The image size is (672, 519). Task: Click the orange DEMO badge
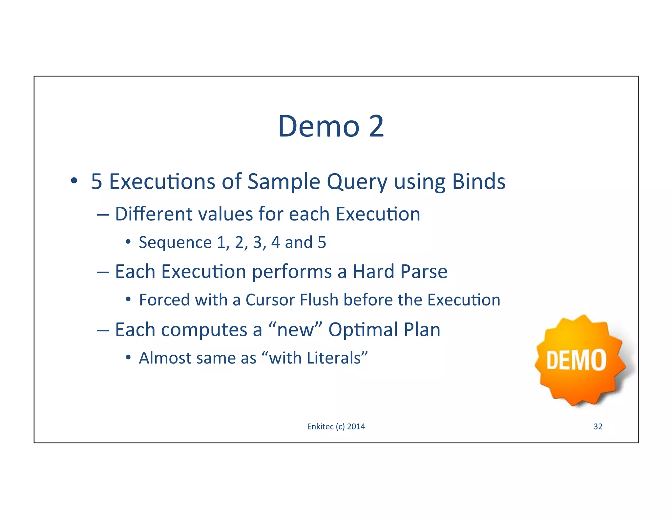(x=579, y=360)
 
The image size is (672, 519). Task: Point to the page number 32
(x=598, y=426)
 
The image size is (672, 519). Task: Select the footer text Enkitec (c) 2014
(x=336, y=426)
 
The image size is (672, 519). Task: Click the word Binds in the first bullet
(x=479, y=181)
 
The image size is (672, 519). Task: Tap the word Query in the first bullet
(x=357, y=182)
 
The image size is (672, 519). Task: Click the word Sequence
(x=175, y=243)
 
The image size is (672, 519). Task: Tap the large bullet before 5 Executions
(x=74, y=181)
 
